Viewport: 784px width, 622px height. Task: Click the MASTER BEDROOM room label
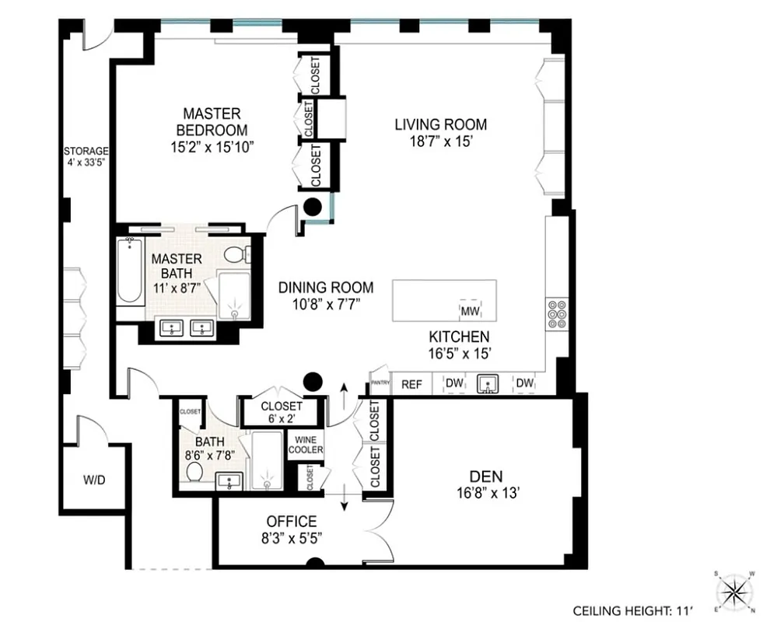pyautogui.click(x=212, y=121)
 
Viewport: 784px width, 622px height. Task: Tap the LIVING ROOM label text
pyautogui.click(x=440, y=124)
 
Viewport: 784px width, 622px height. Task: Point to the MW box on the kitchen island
pyautogui.click(x=471, y=311)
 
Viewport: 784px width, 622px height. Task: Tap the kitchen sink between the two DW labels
pyautogui.click(x=488, y=383)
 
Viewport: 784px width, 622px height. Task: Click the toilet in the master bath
pyautogui.click(x=235, y=253)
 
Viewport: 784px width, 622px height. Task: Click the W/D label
pyautogui.click(x=93, y=480)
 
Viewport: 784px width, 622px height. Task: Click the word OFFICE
pyautogui.click(x=292, y=521)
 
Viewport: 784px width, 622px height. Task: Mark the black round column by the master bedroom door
pyautogui.click(x=313, y=207)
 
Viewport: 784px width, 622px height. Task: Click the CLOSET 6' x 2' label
pyautogui.click(x=281, y=412)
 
